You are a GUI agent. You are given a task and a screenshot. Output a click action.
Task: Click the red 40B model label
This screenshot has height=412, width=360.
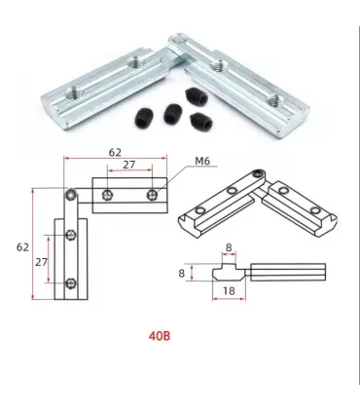point(160,336)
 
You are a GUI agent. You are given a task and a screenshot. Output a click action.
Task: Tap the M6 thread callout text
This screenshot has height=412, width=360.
point(202,161)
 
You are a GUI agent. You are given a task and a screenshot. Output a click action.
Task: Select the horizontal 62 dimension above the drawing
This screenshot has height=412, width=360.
point(115,152)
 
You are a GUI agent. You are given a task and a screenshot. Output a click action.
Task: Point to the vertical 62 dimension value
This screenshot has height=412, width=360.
point(22,247)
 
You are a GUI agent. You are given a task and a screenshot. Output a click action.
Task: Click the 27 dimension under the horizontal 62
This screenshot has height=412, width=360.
point(128,165)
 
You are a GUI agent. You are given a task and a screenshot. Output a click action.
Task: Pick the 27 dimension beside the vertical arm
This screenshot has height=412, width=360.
point(41,262)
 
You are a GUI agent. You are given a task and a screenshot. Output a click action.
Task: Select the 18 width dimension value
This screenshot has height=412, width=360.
point(229,290)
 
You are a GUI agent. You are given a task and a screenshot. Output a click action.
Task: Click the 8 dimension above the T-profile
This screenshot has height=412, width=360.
point(229,247)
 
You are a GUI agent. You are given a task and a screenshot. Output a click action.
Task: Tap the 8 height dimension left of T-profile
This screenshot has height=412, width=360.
point(182,273)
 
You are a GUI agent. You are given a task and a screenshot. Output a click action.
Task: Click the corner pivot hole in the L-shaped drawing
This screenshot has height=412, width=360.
point(71,195)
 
